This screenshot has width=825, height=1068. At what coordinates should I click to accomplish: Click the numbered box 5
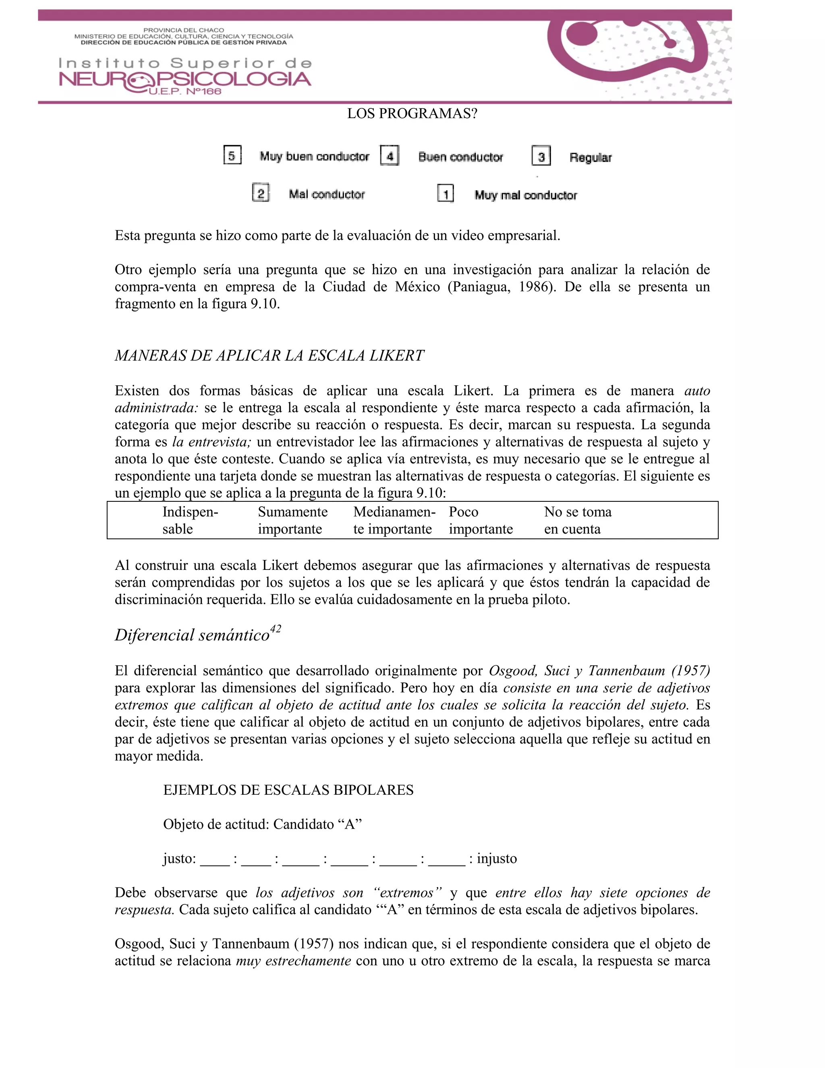click(232, 156)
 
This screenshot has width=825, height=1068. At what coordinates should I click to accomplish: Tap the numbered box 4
click(390, 156)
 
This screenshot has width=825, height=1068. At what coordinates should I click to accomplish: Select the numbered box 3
click(541, 156)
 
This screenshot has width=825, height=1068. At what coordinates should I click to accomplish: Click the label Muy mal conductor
click(525, 195)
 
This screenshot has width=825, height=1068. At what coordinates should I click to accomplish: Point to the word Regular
click(590, 158)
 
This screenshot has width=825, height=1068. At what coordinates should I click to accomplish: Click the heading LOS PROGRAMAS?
click(412, 114)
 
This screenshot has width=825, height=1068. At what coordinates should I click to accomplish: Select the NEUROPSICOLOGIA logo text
click(185, 80)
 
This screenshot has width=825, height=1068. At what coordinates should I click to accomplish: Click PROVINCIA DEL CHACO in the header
click(183, 30)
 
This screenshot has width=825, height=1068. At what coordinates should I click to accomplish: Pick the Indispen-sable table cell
click(190, 520)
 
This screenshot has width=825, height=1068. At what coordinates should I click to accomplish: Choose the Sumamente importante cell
click(292, 520)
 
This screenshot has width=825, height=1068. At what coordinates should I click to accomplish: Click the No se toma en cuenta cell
click(577, 520)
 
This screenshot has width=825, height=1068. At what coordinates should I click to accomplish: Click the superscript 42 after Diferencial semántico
click(275, 629)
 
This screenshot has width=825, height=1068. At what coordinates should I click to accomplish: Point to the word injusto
click(497, 859)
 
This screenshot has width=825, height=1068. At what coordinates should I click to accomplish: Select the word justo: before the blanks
click(179, 859)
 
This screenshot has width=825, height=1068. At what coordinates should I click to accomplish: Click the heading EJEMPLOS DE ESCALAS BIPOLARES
click(288, 790)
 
